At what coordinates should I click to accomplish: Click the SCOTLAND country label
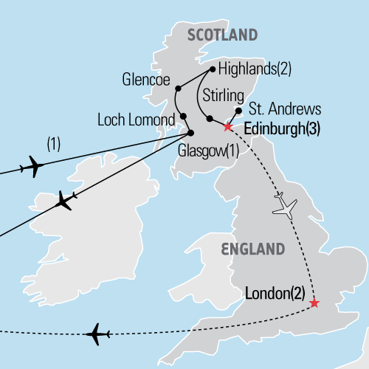click(223, 35)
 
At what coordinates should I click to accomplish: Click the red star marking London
click(314, 303)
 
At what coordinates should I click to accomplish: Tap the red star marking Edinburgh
click(228, 127)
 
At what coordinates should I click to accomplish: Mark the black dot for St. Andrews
click(238, 111)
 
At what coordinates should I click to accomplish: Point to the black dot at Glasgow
click(190, 134)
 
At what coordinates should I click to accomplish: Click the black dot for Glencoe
click(178, 89)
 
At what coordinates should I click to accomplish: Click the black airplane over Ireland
click(64, 201)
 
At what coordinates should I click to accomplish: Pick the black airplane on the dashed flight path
click(97, 335)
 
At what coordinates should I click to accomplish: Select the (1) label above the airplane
click(53, 144)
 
